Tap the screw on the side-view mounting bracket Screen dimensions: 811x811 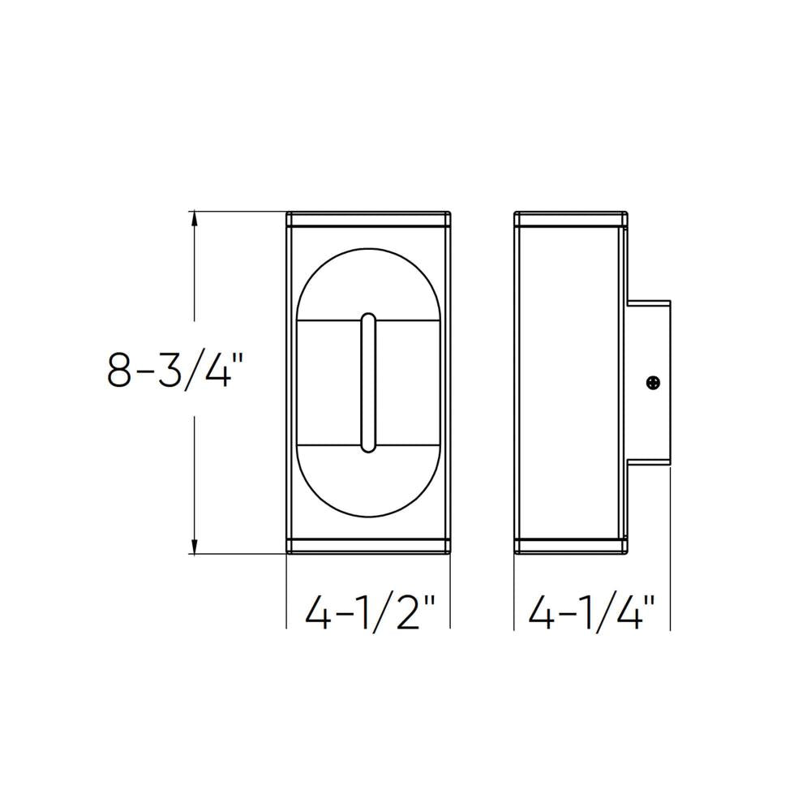(x=653, y=382)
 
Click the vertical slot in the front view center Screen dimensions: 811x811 (x=368, y=382)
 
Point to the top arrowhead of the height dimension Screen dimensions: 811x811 (x=194, y=217)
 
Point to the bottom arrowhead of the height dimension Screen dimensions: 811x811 (x=194, y=547)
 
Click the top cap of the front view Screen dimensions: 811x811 (x=369, y=220)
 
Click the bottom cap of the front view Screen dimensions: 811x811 (x=369, y=546)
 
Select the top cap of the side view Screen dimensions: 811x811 (x=571, y=220)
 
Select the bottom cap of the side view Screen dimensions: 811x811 (x=571, y=546)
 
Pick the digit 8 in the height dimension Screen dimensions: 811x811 (x=119, y=370)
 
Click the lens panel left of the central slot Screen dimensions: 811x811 (x=328, y=382)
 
